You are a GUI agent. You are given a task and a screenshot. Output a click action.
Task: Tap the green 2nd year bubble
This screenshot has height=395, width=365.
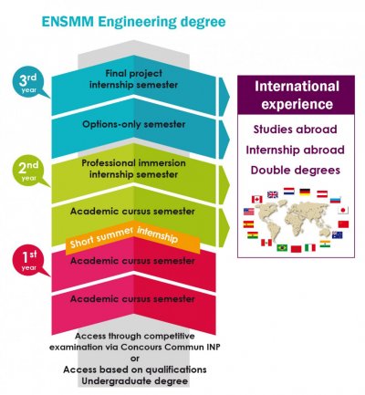tap(28, 171)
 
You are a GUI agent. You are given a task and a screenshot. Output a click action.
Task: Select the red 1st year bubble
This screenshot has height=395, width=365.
tap(28, 261)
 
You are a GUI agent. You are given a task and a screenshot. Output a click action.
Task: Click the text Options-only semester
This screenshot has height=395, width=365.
tap(134, 124)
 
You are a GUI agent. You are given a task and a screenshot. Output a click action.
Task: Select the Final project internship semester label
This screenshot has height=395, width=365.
tap(134, 79)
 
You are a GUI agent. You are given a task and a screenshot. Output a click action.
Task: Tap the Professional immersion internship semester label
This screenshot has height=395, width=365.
tap(134, 169)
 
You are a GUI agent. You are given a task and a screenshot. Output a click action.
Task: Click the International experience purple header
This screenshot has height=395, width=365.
tap(296, 95)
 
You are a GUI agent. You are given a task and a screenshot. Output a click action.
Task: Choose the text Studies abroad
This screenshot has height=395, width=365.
tap(296, 130)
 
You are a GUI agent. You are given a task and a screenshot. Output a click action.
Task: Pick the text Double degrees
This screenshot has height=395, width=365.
tap(296, 170)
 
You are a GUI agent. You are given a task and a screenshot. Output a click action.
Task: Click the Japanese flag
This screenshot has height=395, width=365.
tap(343, 210)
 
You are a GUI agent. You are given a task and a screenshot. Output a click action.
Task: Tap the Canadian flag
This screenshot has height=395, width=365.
tap(257, 200)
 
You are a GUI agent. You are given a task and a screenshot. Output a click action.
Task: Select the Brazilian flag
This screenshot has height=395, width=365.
tap(282, 247)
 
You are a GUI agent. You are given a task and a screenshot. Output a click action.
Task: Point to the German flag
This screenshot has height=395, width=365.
tap(305, 192)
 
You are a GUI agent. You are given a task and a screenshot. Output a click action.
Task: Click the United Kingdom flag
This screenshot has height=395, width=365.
tap(273, 194)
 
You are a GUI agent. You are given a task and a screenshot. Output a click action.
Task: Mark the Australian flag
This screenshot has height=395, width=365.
tap(337, 234)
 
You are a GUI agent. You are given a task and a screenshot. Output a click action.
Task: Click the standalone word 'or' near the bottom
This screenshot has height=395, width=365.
tap(135, 359)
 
